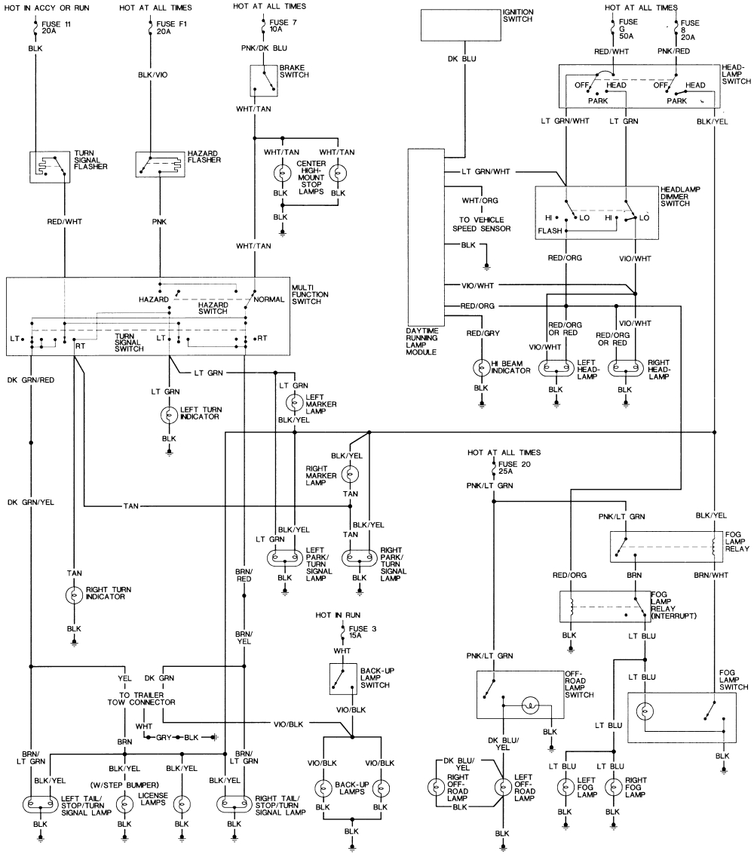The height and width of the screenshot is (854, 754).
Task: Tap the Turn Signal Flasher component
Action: coord(49,167)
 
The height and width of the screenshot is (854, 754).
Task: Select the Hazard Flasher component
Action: coord(160,164)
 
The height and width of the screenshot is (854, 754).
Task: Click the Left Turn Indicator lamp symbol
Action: coord(170,415)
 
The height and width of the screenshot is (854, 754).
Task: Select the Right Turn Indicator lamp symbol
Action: coord(74,594)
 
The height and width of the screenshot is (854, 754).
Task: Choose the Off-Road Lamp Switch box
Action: coord(519,694)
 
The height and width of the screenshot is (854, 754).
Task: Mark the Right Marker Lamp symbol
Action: coord(349,474)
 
